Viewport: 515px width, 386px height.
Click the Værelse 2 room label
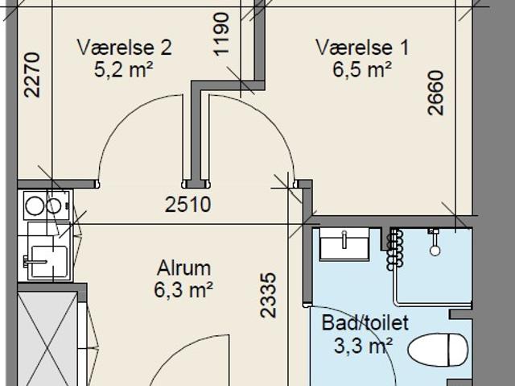(124, 48)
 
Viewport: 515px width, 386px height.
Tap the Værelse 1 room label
(362, 48)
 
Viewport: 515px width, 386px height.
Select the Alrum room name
(184, 268)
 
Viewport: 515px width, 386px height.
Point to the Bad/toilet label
(365, 324)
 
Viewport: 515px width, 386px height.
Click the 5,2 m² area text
(124, 70)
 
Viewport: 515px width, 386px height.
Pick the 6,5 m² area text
(362, 70)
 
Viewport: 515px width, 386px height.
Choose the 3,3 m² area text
(363, 347)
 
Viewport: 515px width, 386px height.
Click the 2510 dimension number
(187, 205)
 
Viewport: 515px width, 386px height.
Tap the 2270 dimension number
(32, 74)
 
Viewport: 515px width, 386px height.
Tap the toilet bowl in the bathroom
(439, 350)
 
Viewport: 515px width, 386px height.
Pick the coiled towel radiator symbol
(394, 248)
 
